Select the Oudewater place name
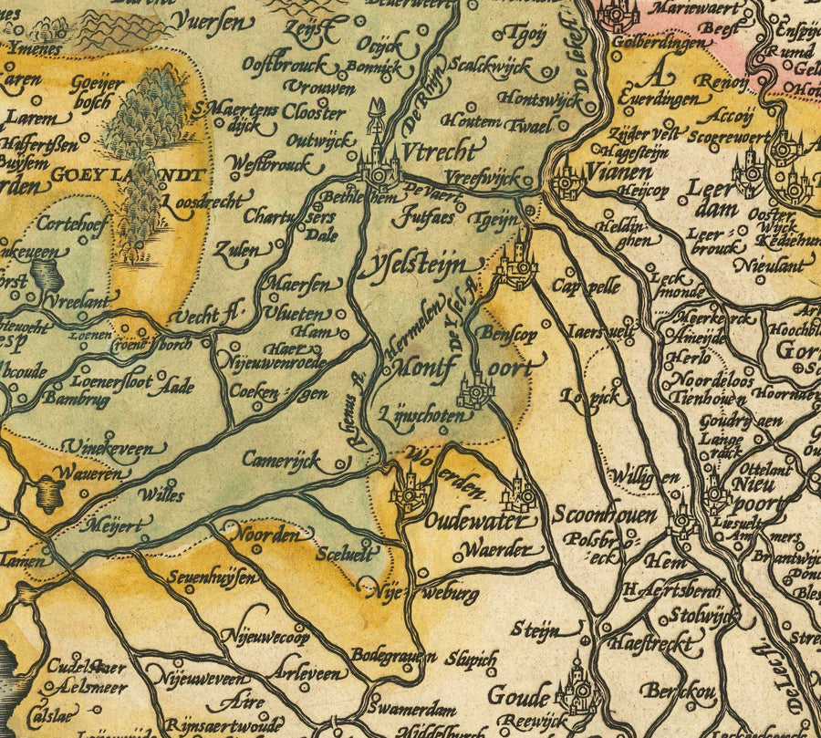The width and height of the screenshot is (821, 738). (x=475, y=522)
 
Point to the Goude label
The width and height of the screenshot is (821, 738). (x=519, y=694)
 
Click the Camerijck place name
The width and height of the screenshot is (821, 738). (x=281, y=459)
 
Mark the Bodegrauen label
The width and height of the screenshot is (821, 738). (x=394, y=656)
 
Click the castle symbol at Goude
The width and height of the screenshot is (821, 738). (x=577, y=690)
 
